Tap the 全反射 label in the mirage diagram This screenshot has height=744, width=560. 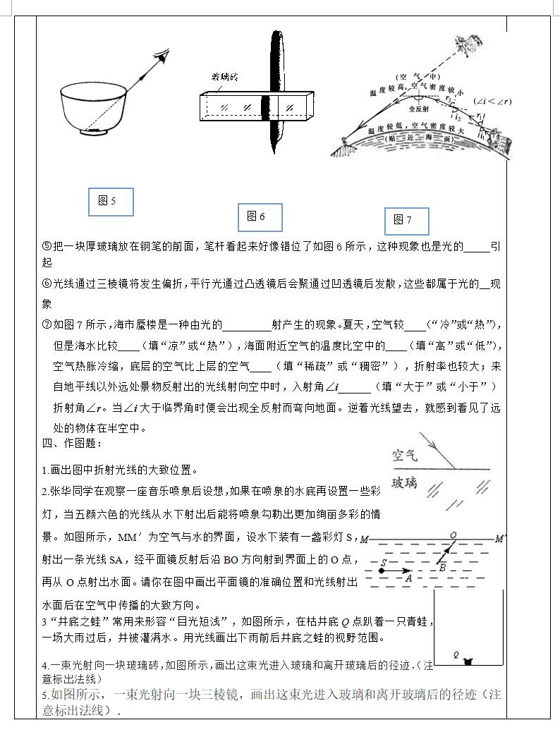(x=421, y=110)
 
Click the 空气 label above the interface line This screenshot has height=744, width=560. (x=405, y=456)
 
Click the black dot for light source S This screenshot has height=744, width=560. (x=382, y=569)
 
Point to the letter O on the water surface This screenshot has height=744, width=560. (x=452, y=535)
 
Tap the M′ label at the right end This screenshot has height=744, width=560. (x=499, y=539)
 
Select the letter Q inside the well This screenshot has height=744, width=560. (x=456, y=654)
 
